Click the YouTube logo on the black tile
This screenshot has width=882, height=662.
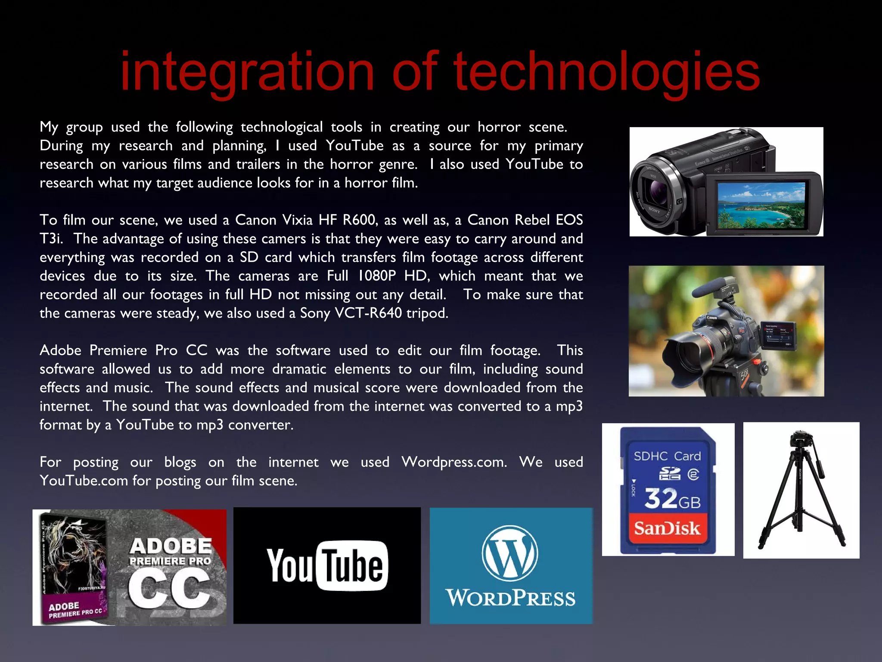tap(327, 565)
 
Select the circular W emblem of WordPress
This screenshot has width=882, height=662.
tap(510, 553)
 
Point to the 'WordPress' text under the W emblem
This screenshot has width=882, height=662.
tap(511, 598)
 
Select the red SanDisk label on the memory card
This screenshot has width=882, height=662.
tap(667, 528)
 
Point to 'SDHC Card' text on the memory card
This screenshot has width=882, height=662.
tap(667, 456)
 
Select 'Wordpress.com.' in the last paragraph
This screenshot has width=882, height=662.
tap(454, 462)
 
